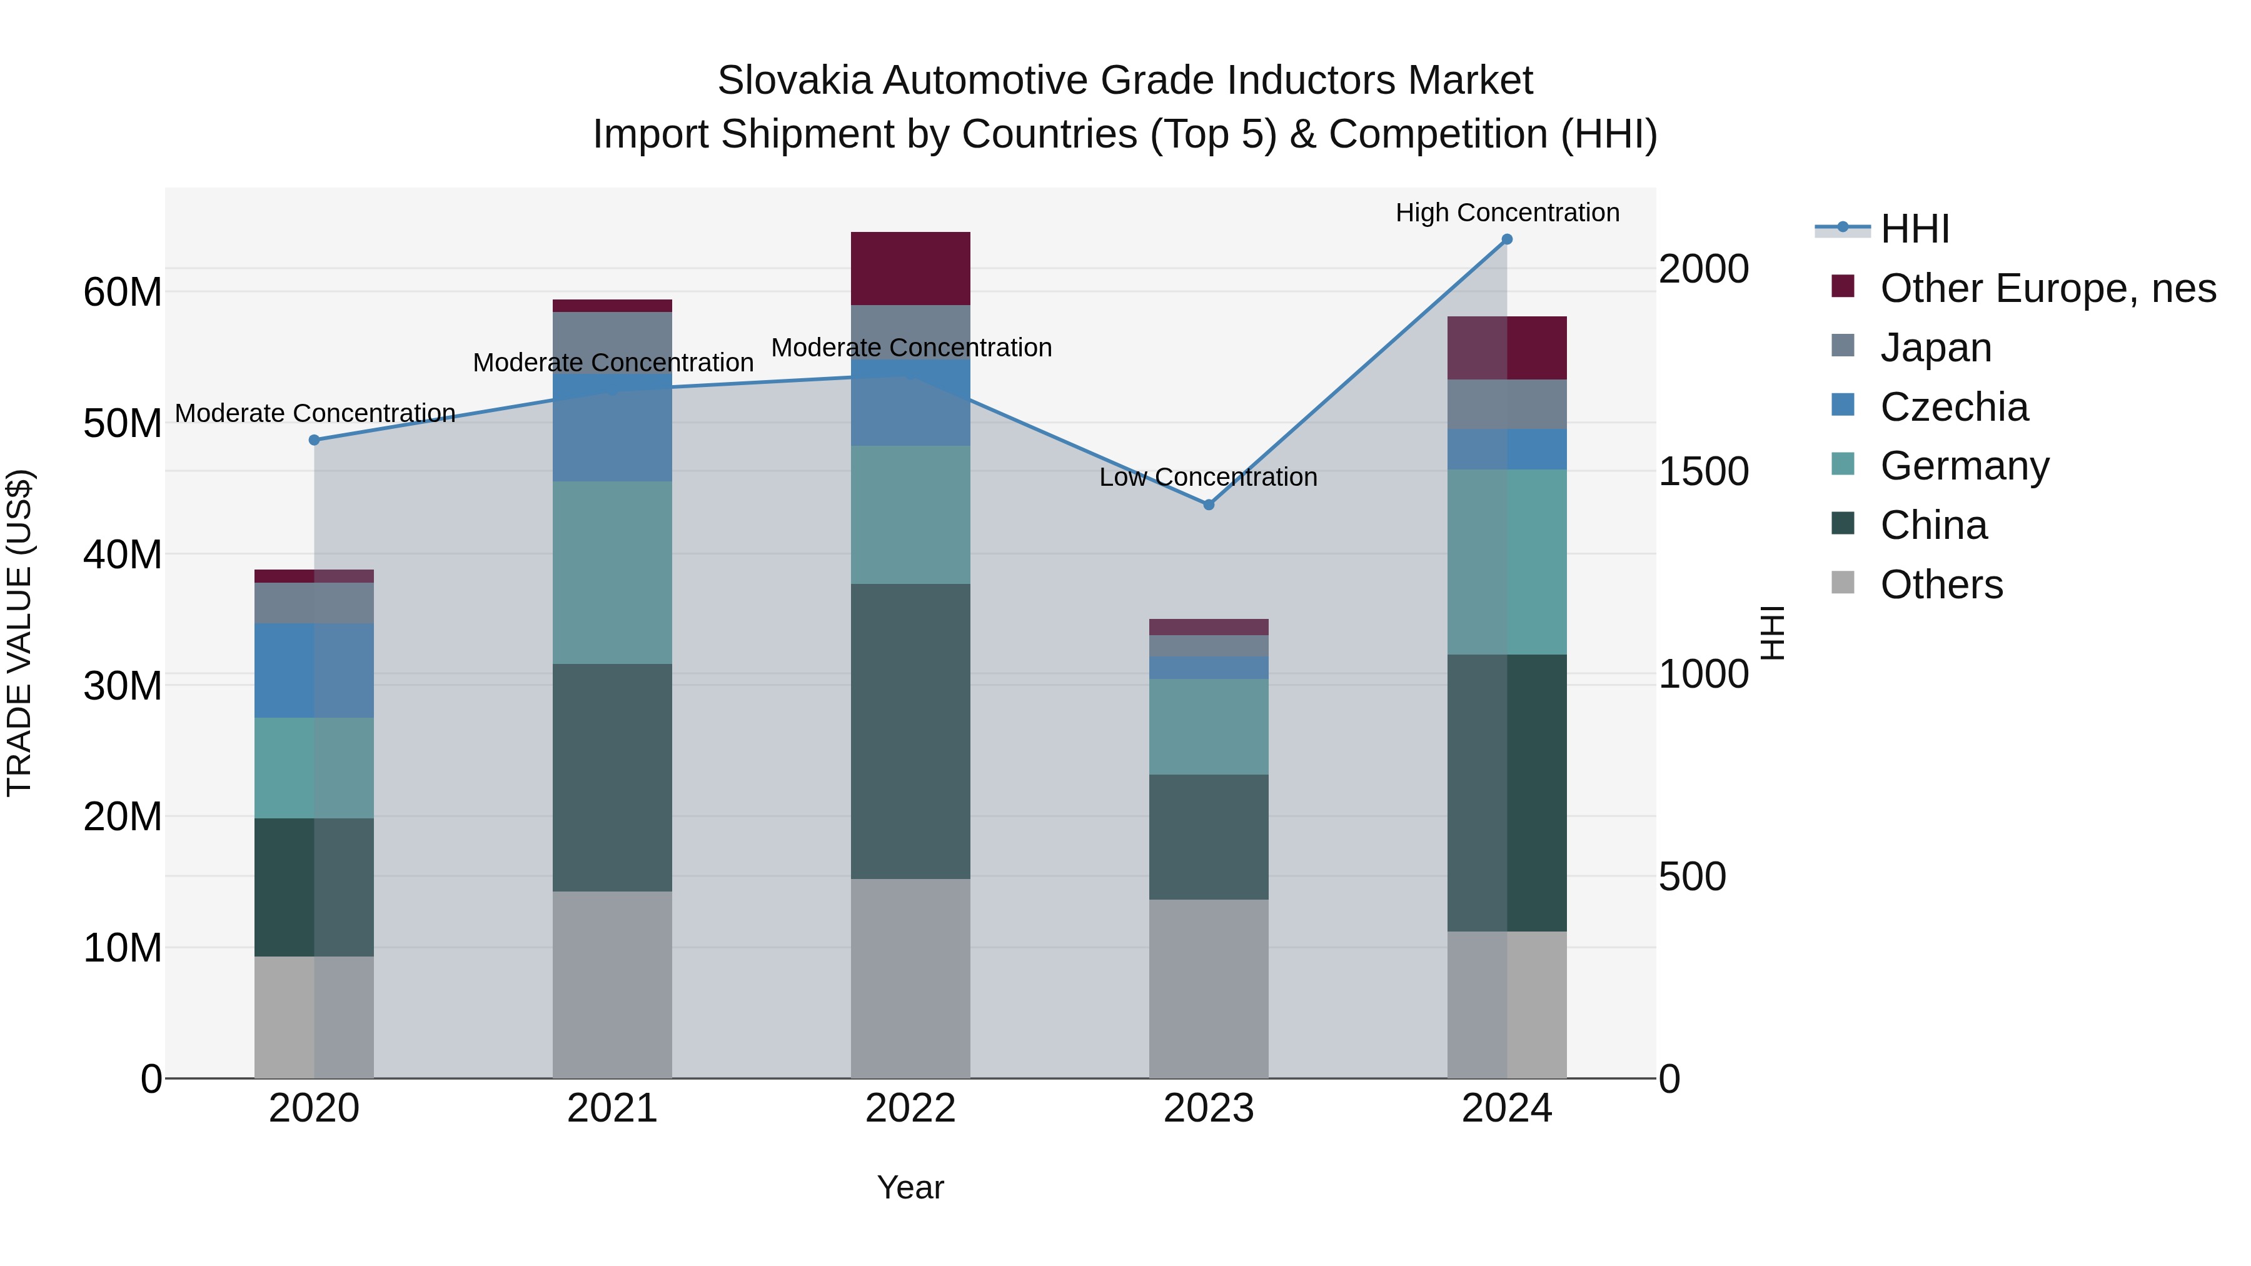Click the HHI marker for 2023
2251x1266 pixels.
tap(1209, 505)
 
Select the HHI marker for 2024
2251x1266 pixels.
tap(1506, 239)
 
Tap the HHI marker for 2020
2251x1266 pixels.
tap(315, 440)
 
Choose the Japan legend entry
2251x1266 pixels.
tap(1935, 348)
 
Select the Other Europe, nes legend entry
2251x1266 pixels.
tap(2047, 288)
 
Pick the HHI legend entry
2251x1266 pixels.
tap(1914, 229)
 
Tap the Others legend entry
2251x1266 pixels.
tap(1941, 585)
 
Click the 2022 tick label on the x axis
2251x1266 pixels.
tap(910, 1108)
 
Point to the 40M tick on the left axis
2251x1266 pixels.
tap(123, 555)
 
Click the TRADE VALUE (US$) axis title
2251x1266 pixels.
tap(19, 633)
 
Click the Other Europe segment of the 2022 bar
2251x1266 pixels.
tap(910, 268)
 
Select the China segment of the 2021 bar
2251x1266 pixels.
tap(612, 778)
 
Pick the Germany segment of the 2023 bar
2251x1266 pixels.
tap(1209, 727)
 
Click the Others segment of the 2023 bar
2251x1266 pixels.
tap(1209, 988)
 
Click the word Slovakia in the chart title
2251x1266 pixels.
tap(793, 81)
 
